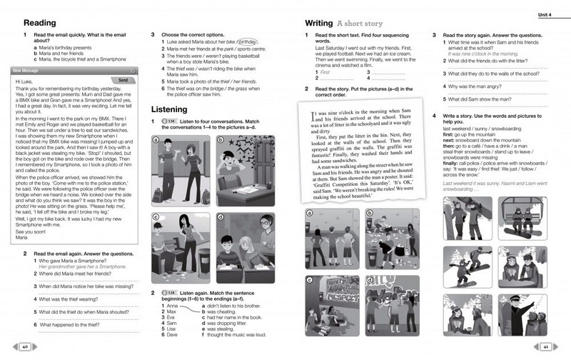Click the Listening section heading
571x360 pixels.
tap(173, 109)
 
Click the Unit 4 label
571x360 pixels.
tap(547, 15)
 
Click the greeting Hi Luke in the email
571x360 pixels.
tap(25, 82)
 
